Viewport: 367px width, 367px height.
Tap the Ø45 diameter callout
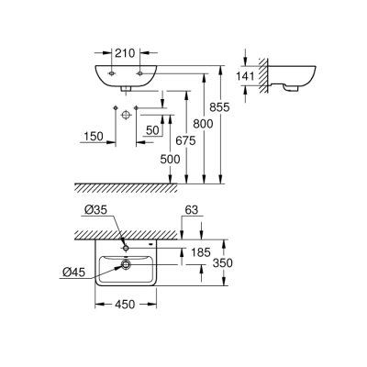(75, 272)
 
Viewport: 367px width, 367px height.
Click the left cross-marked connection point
(114, 110)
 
